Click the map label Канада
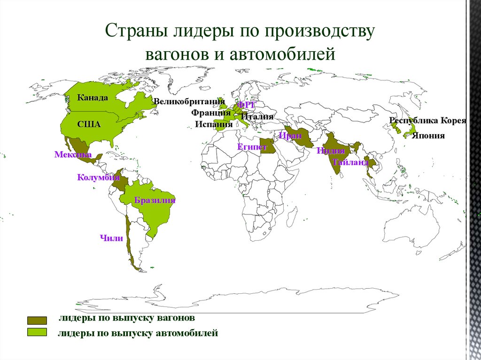click(x=93, y=98)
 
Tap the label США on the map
click(x=89, y=124)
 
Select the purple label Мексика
click(x=72, y=154)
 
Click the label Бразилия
click(x=155, y=200)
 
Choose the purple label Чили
click(x=111, y=238)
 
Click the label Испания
click(x=214, y=124)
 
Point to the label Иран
click(x=290, y=136)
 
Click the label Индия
click(x=330, y=151)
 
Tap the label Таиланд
click(x=350, y=162)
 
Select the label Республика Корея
click(x=427, y=121)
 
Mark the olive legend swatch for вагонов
click(x=37, y=320)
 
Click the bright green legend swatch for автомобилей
click(x=37, y=332)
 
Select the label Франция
click(x=207, y=113)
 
